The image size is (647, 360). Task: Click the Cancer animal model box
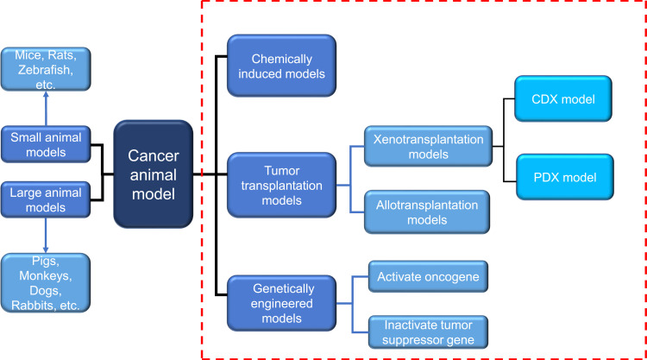[x=153, y=174]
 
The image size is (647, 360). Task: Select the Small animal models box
[x=46, y=144]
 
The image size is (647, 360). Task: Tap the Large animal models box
[x=46, y=199]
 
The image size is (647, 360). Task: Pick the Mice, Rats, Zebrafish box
[x=46, y=69]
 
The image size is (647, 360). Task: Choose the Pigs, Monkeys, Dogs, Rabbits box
[x=46, y=283]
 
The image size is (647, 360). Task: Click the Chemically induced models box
[x=281, y=66]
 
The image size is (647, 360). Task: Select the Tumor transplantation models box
[x=281, y=186]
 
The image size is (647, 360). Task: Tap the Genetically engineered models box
[x=281, y=303]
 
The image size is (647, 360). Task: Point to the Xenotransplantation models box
[x=428, y=146]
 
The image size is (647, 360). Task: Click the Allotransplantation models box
[x=427, y=212]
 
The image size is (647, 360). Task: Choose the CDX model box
[x=563, y=98]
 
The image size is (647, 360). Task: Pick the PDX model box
[x=565, y=177]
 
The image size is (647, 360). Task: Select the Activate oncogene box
[x=428, y=276]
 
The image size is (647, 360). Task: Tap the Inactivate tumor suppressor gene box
[x=428, y=332]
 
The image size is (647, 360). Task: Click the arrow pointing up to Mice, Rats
[x=46, y=108]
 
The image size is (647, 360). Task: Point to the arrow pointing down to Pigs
[x=46, y=236]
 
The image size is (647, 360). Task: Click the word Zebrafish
[x=46, y=70]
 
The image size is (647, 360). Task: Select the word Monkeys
[x=46, y=275]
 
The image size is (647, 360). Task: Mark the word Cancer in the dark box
[x=153, y=155]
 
